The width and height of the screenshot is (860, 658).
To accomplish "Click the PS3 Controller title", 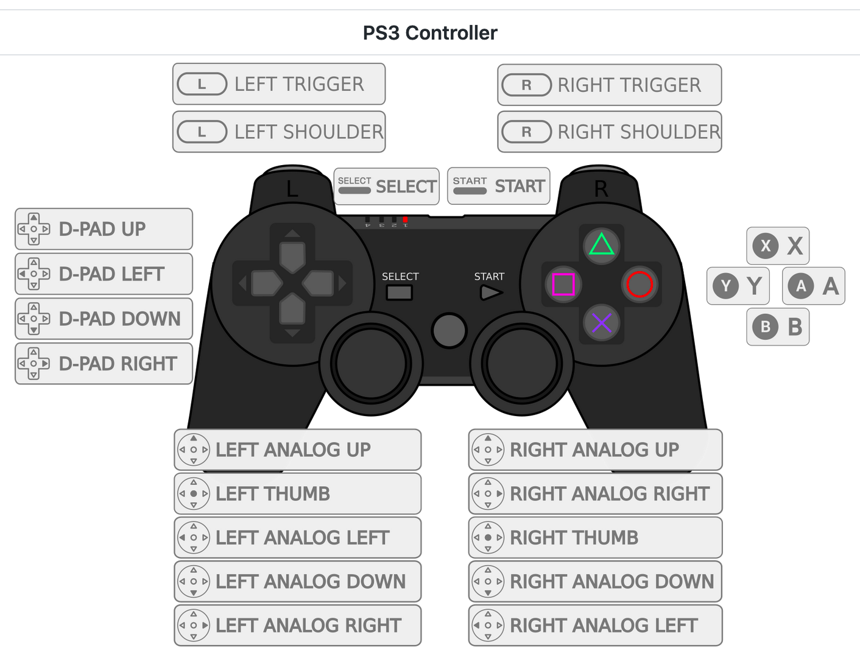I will (430, 33).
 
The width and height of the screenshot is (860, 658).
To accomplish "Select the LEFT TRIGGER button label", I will (279, 84).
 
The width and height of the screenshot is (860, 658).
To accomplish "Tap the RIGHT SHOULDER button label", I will (609, 132).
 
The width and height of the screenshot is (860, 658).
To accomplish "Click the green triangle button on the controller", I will (602, 245).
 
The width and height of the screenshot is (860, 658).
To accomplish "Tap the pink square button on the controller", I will (563, 284).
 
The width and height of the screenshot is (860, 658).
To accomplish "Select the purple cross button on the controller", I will (602, 323).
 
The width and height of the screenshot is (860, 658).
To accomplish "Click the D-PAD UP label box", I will (104, 229).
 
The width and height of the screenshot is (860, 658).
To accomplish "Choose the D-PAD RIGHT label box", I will (104, 364).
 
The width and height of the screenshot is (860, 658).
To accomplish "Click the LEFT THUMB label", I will (297, 493).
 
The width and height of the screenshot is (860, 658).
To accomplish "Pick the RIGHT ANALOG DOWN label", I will (595, 581).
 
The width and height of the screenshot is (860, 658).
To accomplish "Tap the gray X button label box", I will (778, 246).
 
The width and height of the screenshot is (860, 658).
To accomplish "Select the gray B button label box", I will (778, 327).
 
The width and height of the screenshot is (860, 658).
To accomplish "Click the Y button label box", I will (738, 286).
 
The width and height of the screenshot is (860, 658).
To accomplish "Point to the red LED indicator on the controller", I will (406, 219).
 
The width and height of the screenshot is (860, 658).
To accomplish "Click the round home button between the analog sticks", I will (449, 330).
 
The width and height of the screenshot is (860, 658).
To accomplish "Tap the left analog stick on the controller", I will (371, 364).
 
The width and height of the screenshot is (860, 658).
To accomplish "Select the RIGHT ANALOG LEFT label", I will (595, 625).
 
